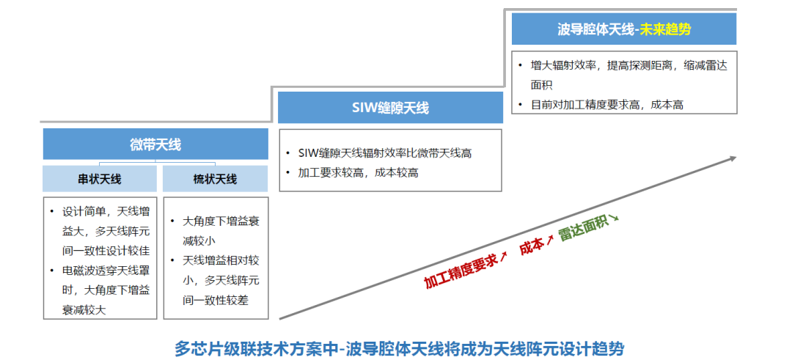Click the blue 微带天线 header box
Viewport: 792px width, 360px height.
pos(155,144)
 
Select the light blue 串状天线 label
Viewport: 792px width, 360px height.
pos(100,179)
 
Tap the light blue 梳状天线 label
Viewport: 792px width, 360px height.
pos(215,179)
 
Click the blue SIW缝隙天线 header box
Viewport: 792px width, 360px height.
pos(389,108)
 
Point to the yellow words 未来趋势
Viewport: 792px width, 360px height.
pos(665,29)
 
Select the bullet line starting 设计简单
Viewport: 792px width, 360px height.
pos(106,211)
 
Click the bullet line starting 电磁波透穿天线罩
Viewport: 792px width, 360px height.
pos(106,271)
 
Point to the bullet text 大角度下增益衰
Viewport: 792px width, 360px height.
pos(219,220)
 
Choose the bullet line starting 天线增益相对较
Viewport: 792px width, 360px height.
pos(219,260)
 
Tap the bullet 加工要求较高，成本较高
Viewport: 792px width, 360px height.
pos(359,173)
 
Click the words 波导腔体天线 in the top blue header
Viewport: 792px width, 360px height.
pos(595,29)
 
